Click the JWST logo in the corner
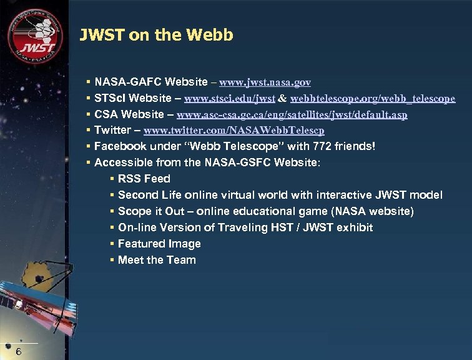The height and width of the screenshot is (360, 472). coord(35,35)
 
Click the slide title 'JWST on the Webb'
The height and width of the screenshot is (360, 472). coord(156,35)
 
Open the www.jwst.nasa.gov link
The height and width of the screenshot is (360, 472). coord(265,82)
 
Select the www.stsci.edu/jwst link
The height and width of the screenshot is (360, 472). coord(230,99)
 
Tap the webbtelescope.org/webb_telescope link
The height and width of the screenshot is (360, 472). coord(373,99)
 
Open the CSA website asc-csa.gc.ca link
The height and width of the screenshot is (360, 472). coord(292,115)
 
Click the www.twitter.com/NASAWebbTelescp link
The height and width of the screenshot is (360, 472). coord(234,131)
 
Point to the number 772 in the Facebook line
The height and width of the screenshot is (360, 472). coord(320,146)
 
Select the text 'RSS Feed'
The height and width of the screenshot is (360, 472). coord(144,179)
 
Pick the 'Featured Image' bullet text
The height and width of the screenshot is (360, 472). coord(159,244)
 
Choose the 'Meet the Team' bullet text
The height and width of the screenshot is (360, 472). coord(157,260)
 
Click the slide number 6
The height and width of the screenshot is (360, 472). coord(19,351)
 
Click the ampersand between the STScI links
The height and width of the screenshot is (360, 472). coord(283,99)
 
